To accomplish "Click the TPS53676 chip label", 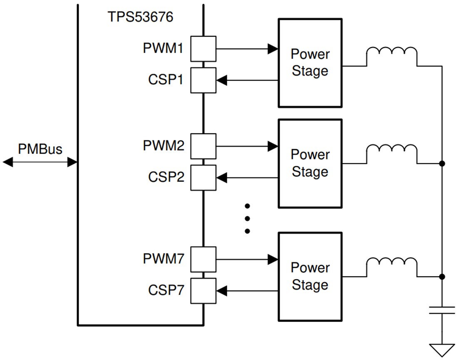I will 140,17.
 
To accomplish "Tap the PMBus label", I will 40,149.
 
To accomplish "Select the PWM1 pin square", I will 203,49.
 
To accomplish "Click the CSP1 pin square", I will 203,80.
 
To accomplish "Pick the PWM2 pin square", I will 203,146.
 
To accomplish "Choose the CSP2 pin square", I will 203,178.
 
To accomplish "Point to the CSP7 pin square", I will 203,291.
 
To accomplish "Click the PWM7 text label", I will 163,259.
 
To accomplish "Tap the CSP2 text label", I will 166,177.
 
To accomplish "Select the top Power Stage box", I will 310,62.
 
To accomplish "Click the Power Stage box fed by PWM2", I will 310,163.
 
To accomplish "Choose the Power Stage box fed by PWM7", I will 310,276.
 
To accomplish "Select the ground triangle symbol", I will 442,349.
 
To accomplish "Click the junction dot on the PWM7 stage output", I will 442,277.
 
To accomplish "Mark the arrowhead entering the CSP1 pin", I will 222,80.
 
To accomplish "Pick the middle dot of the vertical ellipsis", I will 247,218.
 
